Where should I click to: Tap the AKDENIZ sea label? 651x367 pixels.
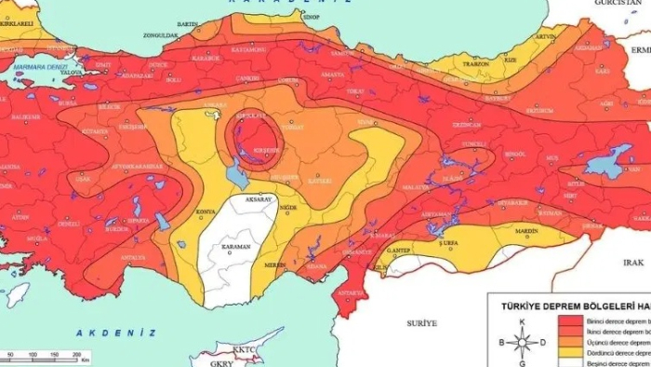tap(102, 333)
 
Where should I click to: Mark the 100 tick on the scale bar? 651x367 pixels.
tap(33, 355)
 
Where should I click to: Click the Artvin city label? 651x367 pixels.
tap(546, 37)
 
